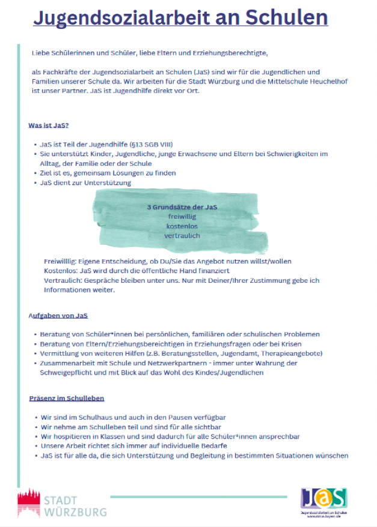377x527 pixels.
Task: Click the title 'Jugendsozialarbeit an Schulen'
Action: click(x=180, y=19)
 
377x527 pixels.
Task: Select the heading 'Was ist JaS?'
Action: click(x=49, y=125)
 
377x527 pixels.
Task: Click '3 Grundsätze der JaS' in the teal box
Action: click(x=182, y=207)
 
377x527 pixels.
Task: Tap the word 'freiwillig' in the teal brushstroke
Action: click(x=182, y=217)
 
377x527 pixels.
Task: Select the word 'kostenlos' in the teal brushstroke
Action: click(x=182, y=226)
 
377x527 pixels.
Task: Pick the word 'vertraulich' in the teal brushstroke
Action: click(x=182, y=236)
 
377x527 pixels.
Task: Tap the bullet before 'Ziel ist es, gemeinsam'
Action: click(x=35, y=173)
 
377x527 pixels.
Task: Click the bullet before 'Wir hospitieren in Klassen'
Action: click(x=35, y=437)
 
